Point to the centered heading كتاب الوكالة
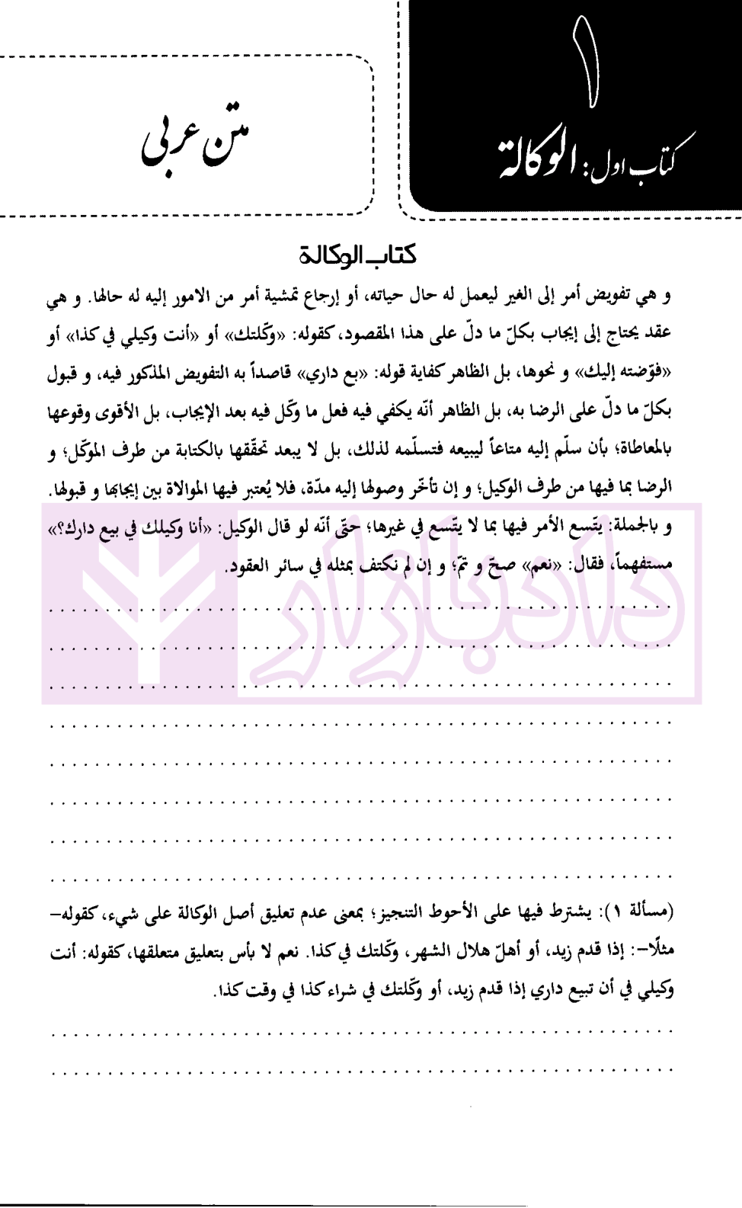[357, 255]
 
